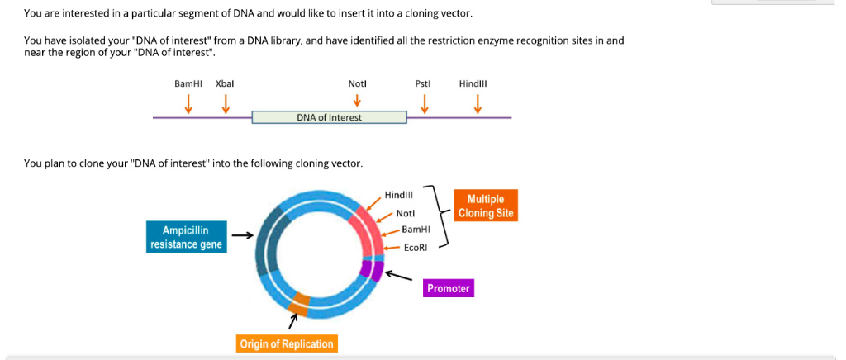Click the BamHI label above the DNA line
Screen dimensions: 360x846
(188, 83)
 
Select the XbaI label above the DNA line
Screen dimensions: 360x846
(225, 83)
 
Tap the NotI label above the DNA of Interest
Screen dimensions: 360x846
(357, 83)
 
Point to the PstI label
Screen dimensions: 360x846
(424, 83)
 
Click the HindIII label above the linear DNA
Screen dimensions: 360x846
(477, 83)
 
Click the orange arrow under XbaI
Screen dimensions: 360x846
(225, 104)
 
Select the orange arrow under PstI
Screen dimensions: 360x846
(425, 104)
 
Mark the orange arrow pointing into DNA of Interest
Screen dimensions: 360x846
(357, 101)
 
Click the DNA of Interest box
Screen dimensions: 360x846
(329, 117)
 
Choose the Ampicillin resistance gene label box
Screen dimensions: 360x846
(186, 236)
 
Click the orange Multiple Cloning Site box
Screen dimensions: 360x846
(486, 206)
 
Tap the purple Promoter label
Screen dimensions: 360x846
(448, 288)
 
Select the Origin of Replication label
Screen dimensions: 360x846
(286, 343)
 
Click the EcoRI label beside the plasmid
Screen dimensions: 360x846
(416, 247)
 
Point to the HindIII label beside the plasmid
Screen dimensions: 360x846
(398, 195)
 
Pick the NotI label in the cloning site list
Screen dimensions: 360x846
(405, 213)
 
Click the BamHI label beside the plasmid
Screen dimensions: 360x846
(416, 230)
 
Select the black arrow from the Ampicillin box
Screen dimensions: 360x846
(242, 236)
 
